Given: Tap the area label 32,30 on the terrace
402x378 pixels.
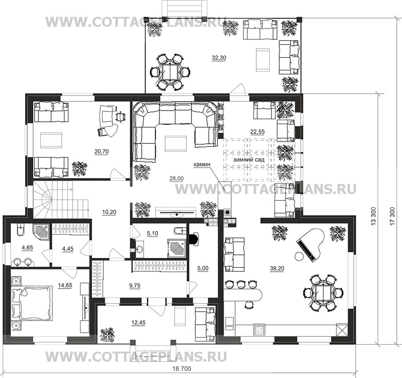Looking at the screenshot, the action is (219, 58).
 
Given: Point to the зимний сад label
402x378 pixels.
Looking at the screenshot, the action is (249, 159).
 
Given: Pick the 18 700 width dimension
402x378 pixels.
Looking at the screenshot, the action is (182, 369).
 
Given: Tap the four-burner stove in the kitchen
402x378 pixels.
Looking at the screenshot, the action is (260, 330).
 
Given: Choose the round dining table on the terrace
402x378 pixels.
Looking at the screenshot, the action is (170, 71).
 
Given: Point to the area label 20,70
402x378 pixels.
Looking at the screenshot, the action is (102, 152).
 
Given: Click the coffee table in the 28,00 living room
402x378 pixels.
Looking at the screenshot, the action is (176, 143).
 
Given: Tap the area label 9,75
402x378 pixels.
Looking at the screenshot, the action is (134, 286).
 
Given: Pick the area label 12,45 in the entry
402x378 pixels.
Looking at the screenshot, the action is (138, 323).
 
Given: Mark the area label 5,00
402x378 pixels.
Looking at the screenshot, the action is (203, 269).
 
